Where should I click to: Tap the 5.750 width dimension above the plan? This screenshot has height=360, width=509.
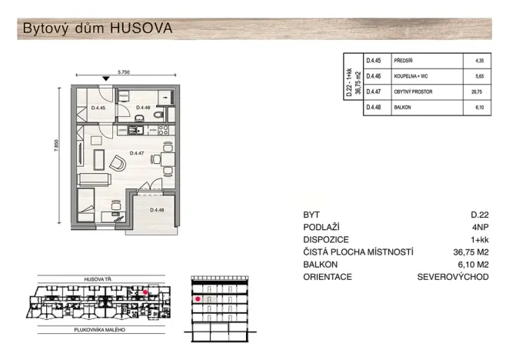click(x=124, y=72)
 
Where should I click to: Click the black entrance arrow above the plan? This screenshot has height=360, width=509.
click(x=105, y=79)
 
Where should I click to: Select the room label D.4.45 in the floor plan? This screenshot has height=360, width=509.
click(x=98, y=108)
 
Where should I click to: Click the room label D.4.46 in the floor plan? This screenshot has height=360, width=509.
click(x=144, y=108)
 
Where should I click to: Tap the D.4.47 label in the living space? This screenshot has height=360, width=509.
click(x=137, y=154)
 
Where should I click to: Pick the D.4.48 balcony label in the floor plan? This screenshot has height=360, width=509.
click(x=158, y=210)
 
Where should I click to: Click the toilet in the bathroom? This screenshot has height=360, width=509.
click(x=157, y=115)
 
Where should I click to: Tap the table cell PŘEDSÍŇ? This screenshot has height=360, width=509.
click(x=406, y=60)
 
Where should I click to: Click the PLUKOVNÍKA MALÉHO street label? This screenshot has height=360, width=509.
click(x=95, y=329)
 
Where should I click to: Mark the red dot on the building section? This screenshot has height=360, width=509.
click(x=198, y=298)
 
